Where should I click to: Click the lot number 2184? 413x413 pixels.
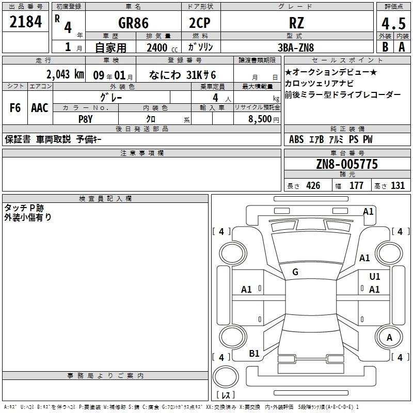click(x=26, y=23)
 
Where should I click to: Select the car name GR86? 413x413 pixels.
click(x=133, y=23)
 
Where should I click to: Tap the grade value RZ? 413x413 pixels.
click(x=296, y=23)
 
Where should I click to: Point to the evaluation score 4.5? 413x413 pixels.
click(x=393, y=23)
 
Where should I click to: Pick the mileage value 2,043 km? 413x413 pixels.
click(x=65, y=74)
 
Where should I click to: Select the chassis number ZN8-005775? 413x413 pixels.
click(x=347, y=164)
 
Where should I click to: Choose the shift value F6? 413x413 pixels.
click(x=15, y=108)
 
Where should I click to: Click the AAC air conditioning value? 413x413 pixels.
click(x=40, y=108)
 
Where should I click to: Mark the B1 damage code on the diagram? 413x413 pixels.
click(x=254, y=353)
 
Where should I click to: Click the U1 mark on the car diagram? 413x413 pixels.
click(x=374, y=277)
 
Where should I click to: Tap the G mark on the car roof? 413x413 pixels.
click(x=295, y=272)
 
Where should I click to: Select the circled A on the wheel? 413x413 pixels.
click(x=389, y=338)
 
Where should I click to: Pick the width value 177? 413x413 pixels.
click(x=357, y=186)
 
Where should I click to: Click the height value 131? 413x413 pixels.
click(x=398, y=186)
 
